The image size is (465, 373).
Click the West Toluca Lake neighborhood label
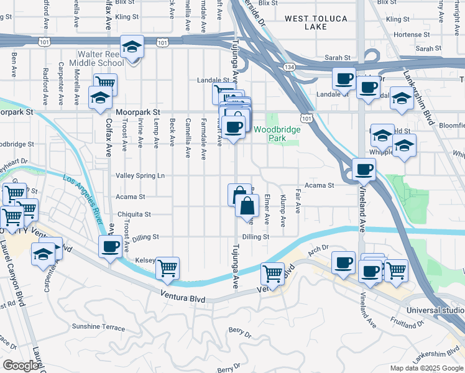click(316, 23)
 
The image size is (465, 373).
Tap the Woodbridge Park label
click(277, 134)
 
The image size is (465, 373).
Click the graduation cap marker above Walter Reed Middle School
click(132, 47)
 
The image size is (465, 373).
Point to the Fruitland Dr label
click(407, 323)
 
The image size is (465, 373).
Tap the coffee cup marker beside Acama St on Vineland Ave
click(364, 168)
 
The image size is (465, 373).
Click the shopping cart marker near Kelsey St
click(167, 267)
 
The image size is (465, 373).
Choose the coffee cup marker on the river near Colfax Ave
click(111, 246)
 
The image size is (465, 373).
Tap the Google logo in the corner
click(20, 366)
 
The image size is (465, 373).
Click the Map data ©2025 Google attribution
click(426, 368)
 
